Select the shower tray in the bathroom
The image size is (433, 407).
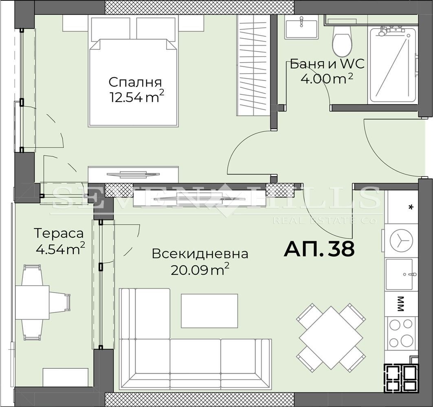click(x=392, y=66)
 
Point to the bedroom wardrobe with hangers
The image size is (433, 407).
click(x=253, y=65)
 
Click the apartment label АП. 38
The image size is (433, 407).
click(x=319, y=249)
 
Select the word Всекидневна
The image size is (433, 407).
click(x=200, y=254)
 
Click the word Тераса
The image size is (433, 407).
click(x=59, y=233)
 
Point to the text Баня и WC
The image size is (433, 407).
click(x=327, y=64)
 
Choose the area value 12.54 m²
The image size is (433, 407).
click(x=137, y=97)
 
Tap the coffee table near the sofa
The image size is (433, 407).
click(x=209, y=311)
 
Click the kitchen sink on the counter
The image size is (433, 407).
click(x=399, y=274)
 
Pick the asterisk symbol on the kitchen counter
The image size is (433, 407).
click(x=411, y=207)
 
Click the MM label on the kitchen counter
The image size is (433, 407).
click(x=400, y=304)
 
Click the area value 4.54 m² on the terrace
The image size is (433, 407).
click(x=60, y=249)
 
